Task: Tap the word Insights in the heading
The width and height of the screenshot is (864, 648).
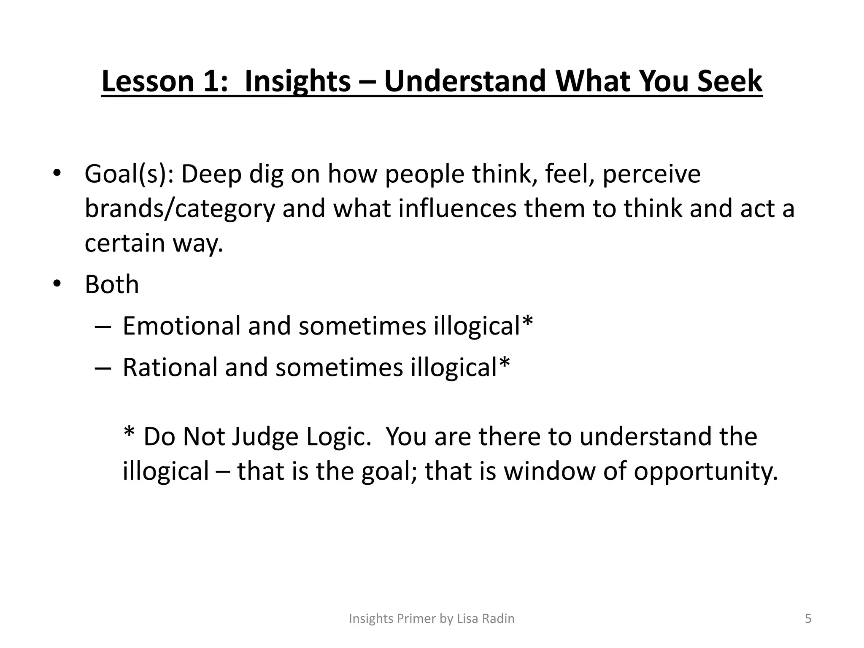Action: point(297,81)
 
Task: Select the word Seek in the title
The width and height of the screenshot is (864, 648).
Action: point(729,81)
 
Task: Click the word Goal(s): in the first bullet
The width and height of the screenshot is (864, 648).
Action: point(129,174)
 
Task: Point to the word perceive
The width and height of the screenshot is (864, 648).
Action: point(651,174)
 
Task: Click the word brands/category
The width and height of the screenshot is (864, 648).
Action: point(179,209)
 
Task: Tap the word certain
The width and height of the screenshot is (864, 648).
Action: point(124,243)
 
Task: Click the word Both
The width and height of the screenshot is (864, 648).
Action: point(112,285)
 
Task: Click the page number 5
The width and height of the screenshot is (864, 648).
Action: point(808,618)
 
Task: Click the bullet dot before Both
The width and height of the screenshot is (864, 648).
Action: point(57,284)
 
